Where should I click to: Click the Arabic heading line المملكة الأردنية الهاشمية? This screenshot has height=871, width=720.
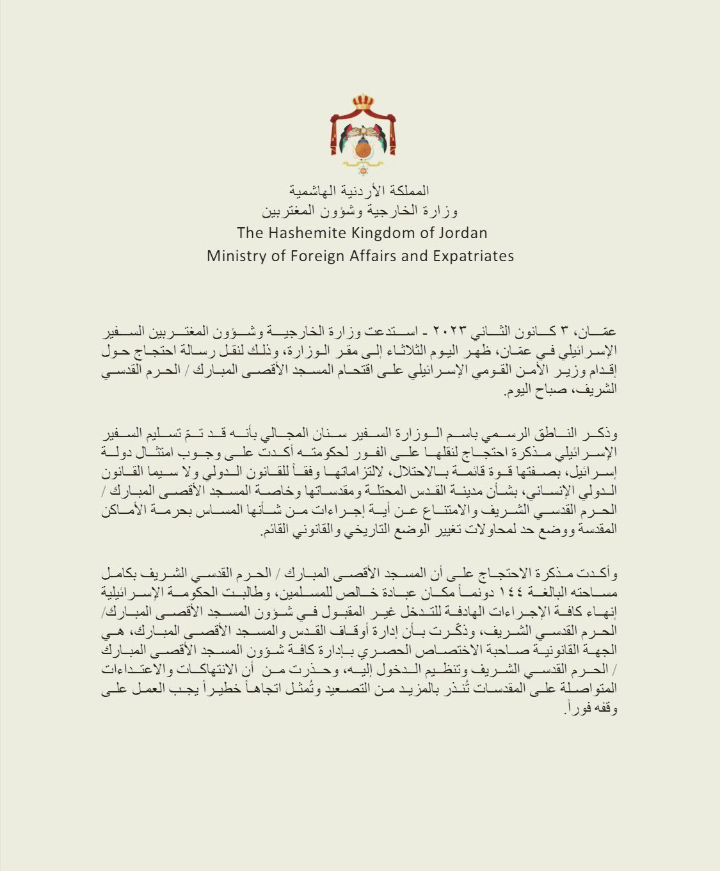tap(360, 190)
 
